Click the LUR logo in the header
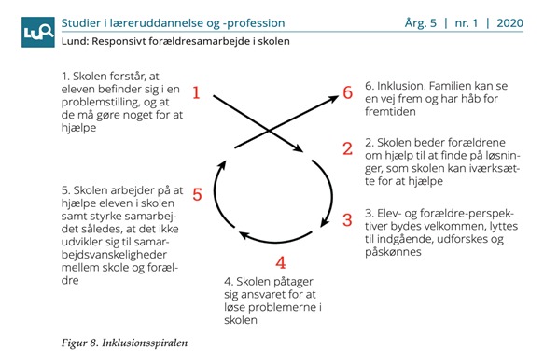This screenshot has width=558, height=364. pos(38,32)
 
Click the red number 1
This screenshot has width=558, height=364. pos(197,93)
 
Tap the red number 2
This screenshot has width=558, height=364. pos(348,148)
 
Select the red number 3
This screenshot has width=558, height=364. pos(347,220)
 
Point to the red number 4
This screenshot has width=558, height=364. pos(281,262)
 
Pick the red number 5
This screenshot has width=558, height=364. pos(197,195)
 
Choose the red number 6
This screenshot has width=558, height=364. pos(348,92)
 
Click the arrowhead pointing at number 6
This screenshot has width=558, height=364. pos(333,99)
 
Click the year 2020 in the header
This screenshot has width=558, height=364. pos(510,23)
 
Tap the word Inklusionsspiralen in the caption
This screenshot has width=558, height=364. pos(145,343)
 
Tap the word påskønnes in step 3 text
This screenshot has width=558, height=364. pos(393,252)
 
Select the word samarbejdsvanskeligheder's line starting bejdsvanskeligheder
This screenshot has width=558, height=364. pos(114,255)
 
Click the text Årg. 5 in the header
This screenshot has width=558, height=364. pos(420,23)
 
